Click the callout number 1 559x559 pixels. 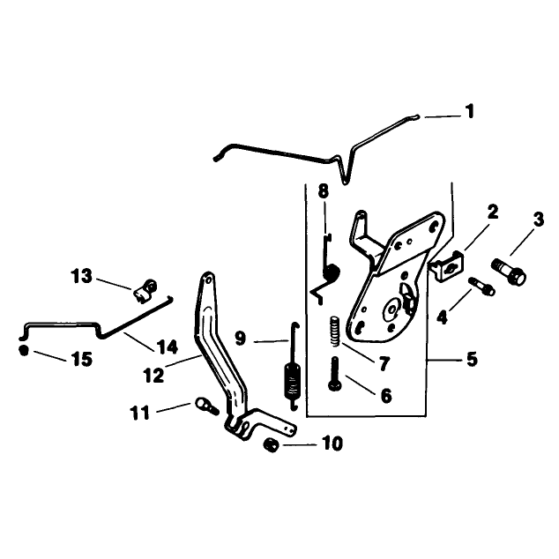[470, 111]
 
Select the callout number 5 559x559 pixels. [472, 359]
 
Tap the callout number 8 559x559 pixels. [323, 191]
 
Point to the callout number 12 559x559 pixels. [153, 376]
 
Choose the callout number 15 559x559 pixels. [82, 359]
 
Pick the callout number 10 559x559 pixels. [332, 443]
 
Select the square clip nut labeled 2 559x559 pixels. [446, 265]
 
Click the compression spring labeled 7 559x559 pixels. [334, 332]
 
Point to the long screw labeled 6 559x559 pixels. [335, 375]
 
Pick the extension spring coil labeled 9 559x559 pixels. [293, 381]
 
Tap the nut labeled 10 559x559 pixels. [271, 445]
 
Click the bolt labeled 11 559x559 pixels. [206, 406]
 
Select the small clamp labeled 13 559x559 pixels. [145, 291]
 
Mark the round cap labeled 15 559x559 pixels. [24, 350]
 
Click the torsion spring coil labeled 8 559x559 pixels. [331, 272]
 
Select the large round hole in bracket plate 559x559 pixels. [392, 309]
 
